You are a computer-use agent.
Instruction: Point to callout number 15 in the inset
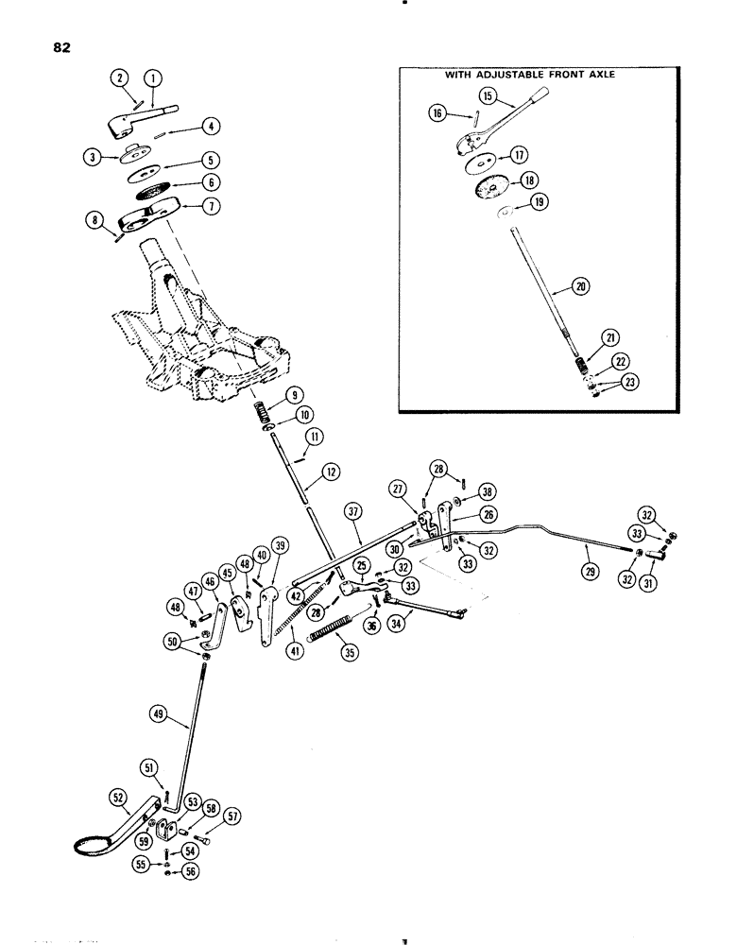[514, 96]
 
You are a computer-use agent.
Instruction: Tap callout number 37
[355, 512]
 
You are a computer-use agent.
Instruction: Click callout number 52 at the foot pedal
[118, 800]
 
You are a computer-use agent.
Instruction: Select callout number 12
[330, 470]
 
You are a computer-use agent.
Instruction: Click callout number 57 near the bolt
[232, 813]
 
